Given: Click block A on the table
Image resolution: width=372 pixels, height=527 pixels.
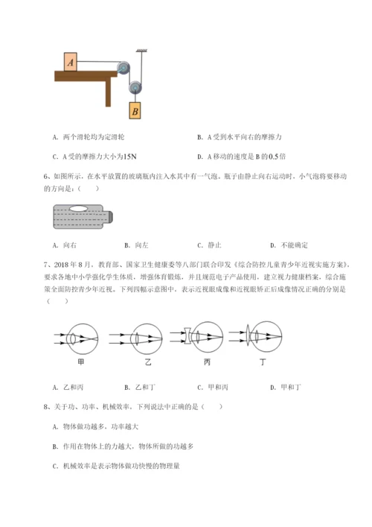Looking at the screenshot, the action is [71, 62].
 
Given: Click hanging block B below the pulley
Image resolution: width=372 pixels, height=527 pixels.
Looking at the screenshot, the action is [135, 111].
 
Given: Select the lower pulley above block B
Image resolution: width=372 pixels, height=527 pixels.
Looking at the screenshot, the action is [135, 87].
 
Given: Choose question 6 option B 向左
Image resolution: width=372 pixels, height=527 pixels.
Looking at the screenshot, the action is [137, 245].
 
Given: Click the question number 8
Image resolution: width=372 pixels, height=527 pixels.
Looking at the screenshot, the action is [47, 407].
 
